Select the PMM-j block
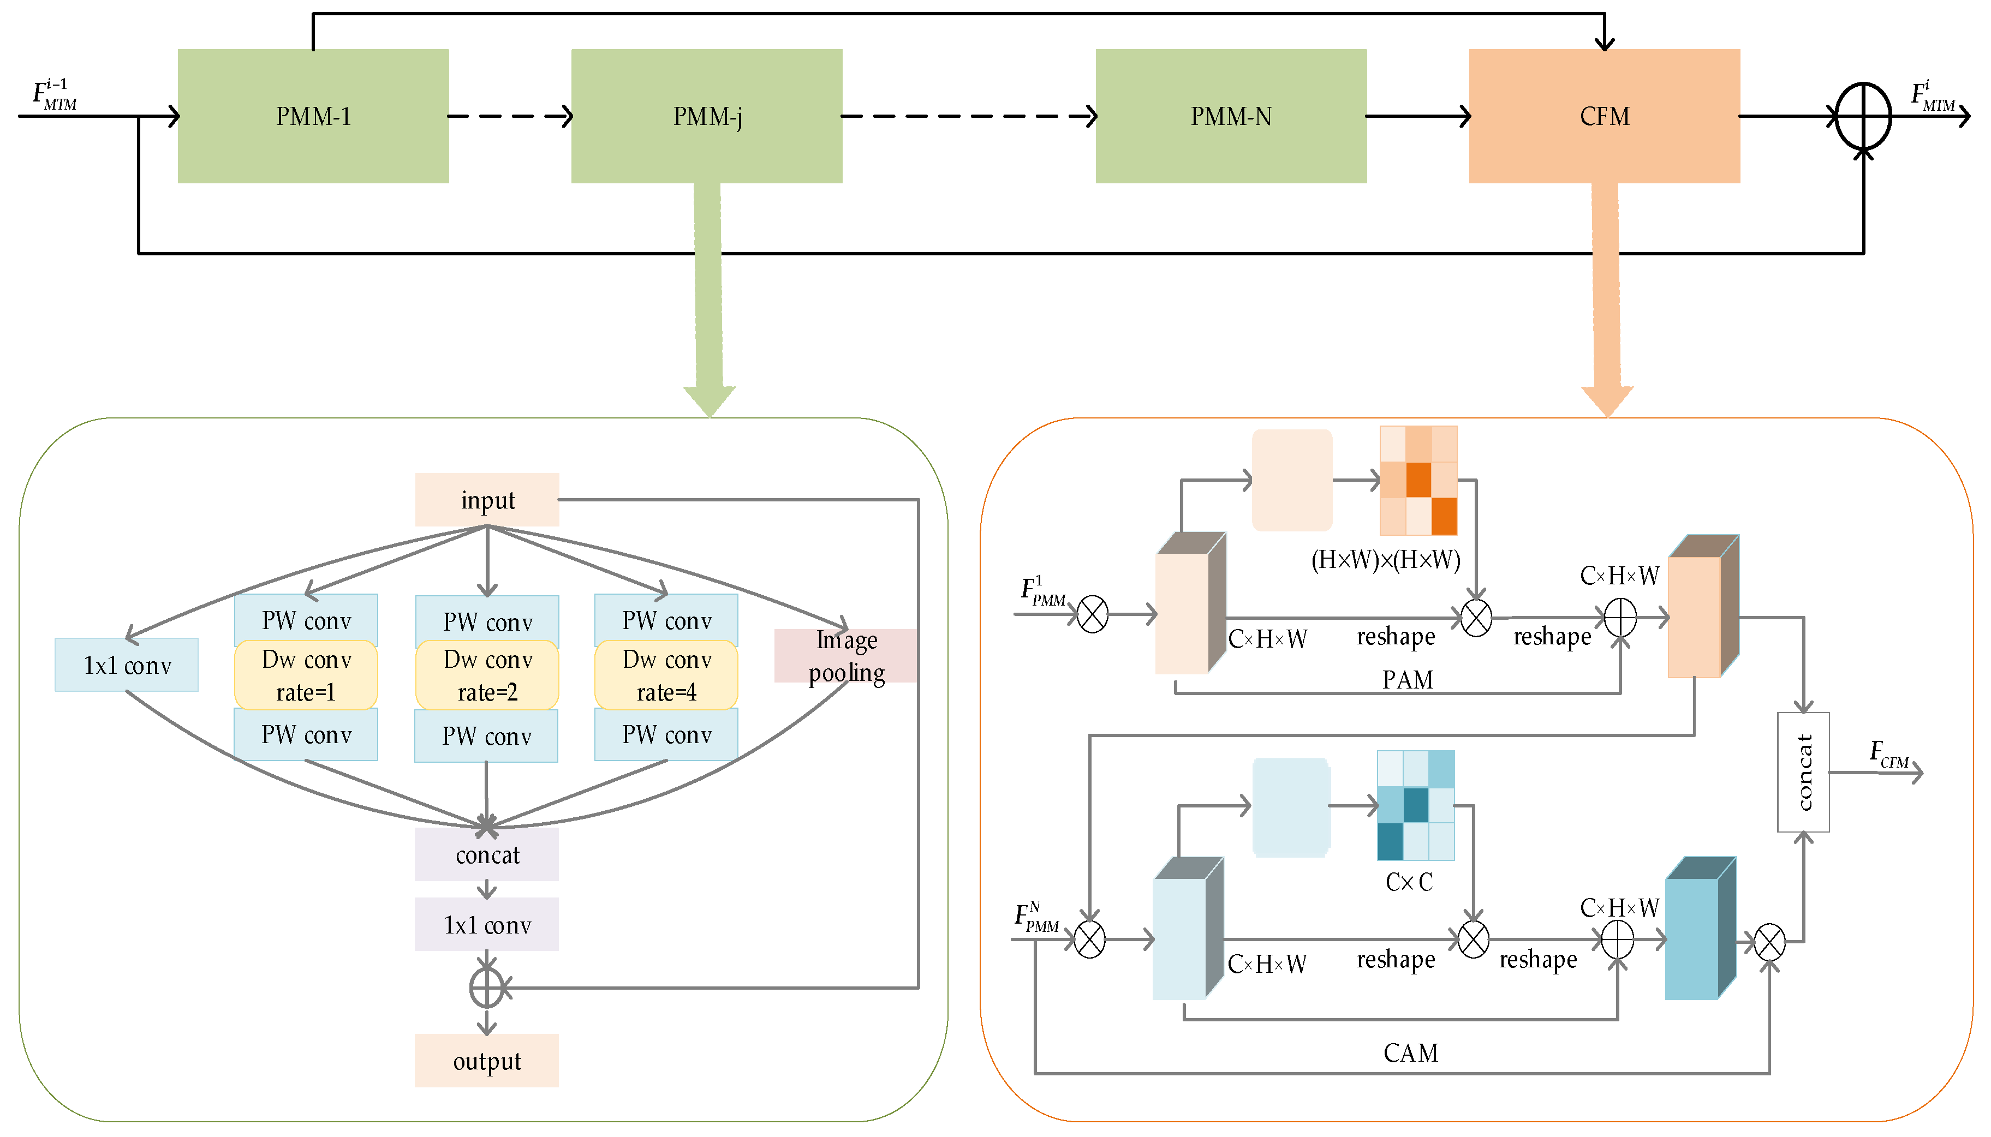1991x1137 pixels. coord(706,116)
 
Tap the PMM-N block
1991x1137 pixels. coord(1230,116)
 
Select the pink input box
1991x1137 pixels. coord(487,500)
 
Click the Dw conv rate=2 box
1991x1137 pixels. coord(487,675)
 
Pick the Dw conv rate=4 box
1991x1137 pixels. coord(666,675)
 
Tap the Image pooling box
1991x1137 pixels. coord(846,656)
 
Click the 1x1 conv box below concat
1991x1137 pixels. coord(487,925)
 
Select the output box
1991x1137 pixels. coord(487,1061)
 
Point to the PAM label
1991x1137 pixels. coord(1407,679)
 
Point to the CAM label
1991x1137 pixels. coord(1410,1052)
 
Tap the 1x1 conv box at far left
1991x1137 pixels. coord(127,665)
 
